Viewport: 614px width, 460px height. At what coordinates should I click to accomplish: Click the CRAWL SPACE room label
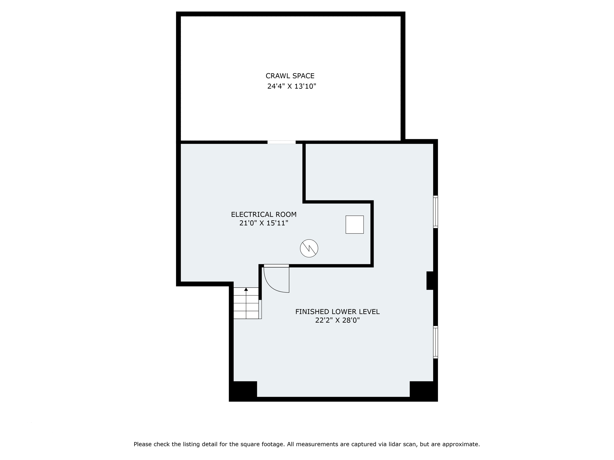pos(290,76)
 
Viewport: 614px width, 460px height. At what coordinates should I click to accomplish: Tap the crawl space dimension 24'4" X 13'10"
pos(292,87)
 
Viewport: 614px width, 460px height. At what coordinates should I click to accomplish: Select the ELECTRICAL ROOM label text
pos(264,214)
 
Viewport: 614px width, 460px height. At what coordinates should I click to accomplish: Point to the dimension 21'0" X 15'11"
pos(264,223)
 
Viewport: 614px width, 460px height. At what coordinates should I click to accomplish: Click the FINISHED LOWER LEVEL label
pos(337,312)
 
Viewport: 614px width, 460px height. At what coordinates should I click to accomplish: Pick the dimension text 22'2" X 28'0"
pos(337,320)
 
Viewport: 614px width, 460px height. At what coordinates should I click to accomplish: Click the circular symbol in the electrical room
pos(309,248)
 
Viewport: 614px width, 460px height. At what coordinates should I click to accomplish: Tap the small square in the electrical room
pos(354,224)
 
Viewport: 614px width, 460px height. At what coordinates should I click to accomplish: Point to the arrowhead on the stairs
pos(246,289)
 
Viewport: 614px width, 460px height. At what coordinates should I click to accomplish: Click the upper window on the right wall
pos(436,212)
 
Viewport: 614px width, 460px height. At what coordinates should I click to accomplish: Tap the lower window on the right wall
pos(436,342)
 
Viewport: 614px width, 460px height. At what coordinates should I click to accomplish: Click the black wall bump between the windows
pos(430,281)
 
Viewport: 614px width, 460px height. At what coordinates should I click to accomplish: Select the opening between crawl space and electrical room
pos(281,142)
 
